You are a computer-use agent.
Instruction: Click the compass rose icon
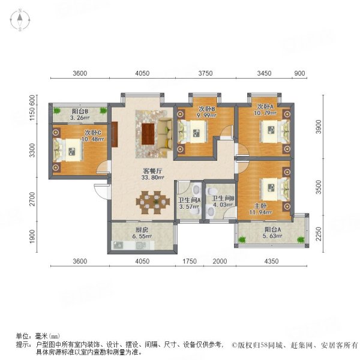click(x=20, y=20)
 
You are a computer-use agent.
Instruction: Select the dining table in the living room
click(x=153, y=202)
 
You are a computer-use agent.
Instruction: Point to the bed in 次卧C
click(x=68, y=151)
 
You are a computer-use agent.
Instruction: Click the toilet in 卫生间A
click(x=196, y=190)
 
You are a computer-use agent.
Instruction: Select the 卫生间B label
click(x=223, y=198)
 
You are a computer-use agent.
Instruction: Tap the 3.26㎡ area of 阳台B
click(x=80, y=118)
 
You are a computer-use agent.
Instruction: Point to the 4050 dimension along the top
click(x=142, y=73)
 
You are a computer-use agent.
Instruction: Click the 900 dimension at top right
click(x=299, y=73)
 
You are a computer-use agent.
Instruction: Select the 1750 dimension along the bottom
click(x=190, y=261)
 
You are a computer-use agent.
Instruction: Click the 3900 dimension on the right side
click(x=319, y=127)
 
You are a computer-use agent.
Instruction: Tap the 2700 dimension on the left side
click(x=32, y=199)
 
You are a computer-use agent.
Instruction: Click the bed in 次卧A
click(x=275, y=131)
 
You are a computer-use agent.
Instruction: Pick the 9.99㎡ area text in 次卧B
click(x=206, y=115)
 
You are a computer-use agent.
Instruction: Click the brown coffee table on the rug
click(x=148, y=134)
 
